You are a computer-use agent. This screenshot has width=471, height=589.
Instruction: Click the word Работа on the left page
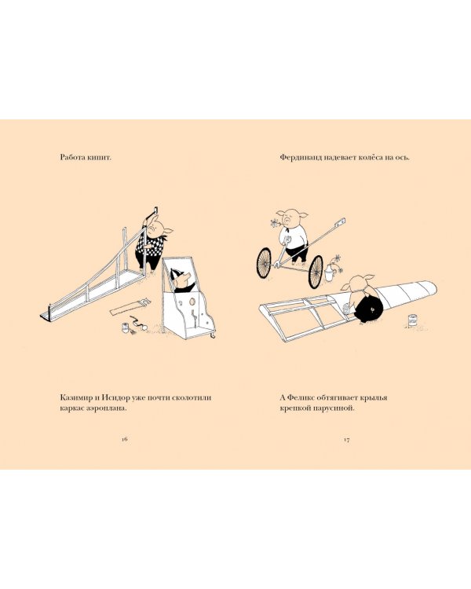[x=72, y=157]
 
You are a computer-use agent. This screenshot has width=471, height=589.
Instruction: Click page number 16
[x=125, y=439]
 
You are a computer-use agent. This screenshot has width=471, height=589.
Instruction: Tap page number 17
[x=347, y=439]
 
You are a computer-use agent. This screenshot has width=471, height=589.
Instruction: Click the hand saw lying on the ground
[x=130, y=305]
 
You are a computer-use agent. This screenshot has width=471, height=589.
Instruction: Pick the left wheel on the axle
[x=264, y=262]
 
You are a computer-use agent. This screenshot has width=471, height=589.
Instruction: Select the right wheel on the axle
[x=316, y=272]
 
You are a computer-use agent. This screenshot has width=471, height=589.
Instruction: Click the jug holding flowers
[x=329, y=273]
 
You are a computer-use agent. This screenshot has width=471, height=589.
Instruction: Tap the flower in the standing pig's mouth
[x=275, y=222]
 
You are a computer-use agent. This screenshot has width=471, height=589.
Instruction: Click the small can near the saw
[x=125, y=327]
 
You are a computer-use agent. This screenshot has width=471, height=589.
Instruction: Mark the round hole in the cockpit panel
[x=192, y=302]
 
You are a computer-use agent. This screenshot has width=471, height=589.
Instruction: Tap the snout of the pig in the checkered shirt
[x=152, y=228]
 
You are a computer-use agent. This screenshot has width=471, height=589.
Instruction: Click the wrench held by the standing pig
[x=287, y=244]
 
